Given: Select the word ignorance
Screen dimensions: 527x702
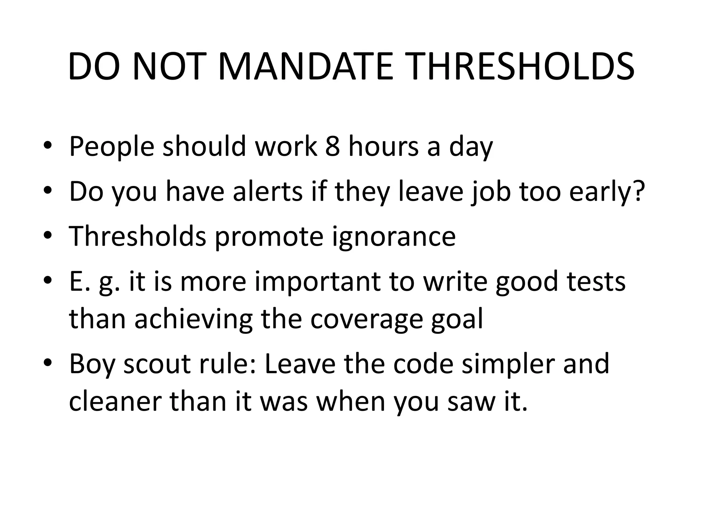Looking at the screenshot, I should [394, 237].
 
